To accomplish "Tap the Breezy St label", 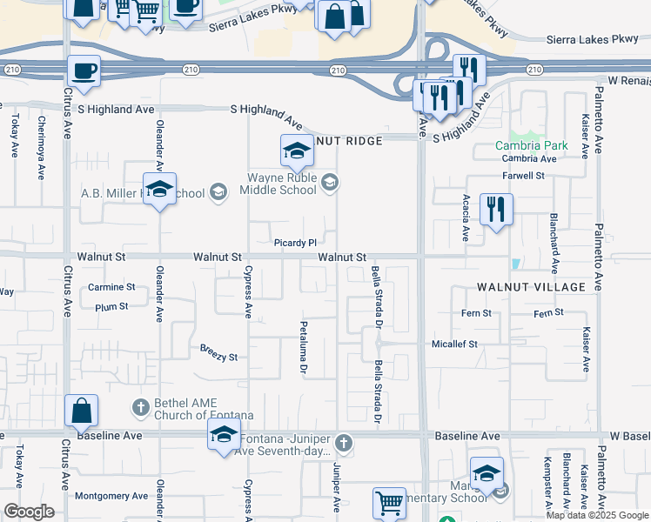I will pos(218,357).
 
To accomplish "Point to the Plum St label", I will pos(111,307).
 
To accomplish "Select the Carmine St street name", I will pos(111,286).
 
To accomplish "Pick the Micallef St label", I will pos(455,345).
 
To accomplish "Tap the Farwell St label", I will pos(527,175).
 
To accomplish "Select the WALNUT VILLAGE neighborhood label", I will pos(531,286).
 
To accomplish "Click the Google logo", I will pos(29,512).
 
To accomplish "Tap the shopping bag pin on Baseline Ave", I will pos(81,412).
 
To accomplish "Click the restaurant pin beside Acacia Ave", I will pos(496,210).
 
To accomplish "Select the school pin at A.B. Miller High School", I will pos(160,190).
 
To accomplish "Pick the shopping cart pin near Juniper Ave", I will pos(389,503).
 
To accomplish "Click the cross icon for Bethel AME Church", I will pos(140,406).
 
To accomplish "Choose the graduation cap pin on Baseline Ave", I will pos(224,434).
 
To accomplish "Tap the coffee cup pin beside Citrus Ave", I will pos(84,71).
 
